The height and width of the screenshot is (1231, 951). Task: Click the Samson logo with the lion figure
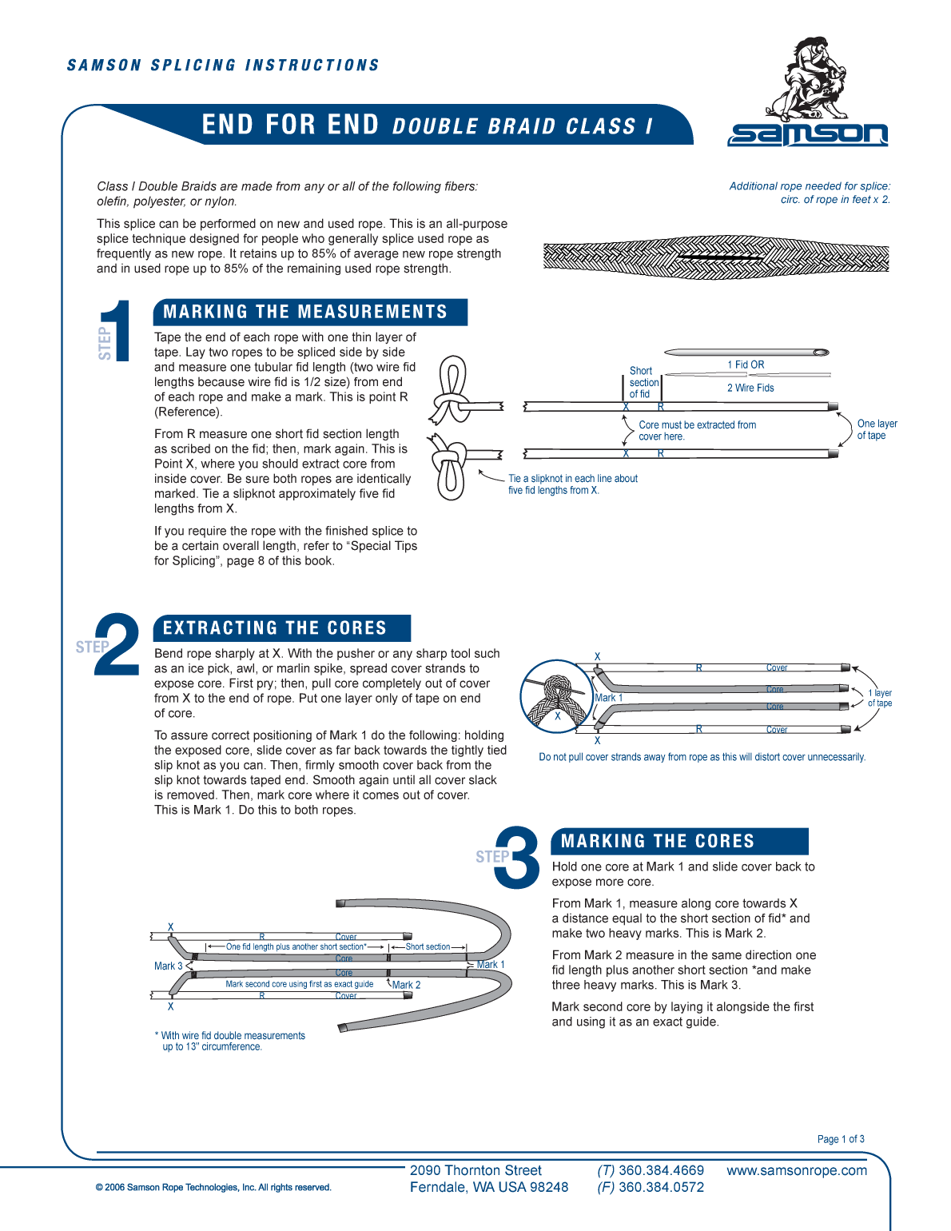[807, 92]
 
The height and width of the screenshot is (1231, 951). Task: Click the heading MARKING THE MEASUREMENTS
[305, 312]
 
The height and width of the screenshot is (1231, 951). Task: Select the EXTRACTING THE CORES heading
[275, 628]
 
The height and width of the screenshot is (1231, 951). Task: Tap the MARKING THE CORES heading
[658, 841]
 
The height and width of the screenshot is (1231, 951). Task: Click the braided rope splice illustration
[715, 257]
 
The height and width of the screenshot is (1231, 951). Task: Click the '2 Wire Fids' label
[750, 388]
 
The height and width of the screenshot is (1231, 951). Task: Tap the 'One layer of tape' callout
[876, 429]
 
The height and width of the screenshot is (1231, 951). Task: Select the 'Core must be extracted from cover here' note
[696, 431]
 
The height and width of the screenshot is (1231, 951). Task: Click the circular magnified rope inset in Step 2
[556, 696]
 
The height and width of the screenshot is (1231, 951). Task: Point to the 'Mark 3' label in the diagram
[169, 966]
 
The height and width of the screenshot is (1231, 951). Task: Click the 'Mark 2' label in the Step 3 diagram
[406, 985]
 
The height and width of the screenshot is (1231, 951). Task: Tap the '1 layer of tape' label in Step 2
[879, 698]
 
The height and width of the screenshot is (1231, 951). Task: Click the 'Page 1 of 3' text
[840, 1139]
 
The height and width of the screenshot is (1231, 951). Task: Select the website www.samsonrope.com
[796, 1170]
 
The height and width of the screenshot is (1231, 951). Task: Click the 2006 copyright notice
[213, 1187]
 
